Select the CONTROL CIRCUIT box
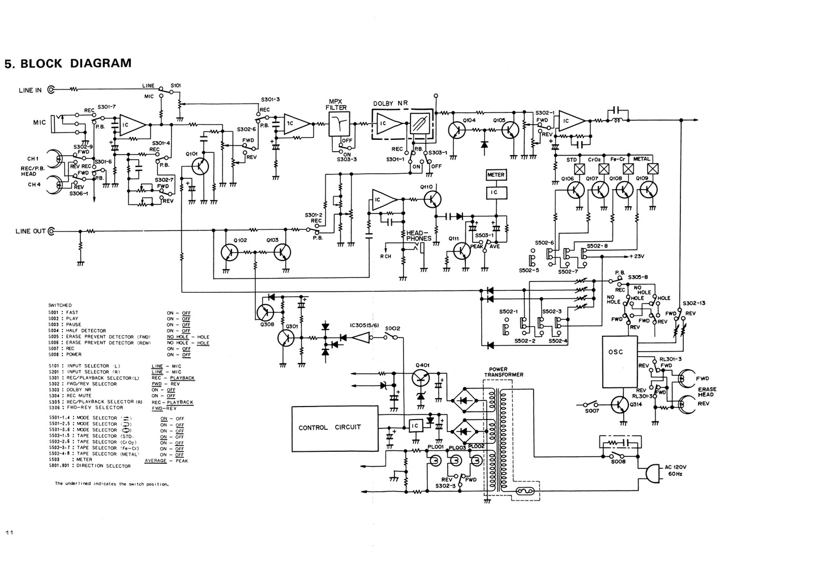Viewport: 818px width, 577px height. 335,428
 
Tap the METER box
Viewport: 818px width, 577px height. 496,175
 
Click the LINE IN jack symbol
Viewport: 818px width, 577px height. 52,89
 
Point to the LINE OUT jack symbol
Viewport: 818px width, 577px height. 52,231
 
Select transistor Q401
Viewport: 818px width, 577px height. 420,378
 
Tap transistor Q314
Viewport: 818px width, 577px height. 621,405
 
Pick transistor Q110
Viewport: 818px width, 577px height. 433,199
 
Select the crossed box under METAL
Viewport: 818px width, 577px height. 653,168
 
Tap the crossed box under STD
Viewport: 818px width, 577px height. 579,168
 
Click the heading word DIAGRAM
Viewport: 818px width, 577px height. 101,63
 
